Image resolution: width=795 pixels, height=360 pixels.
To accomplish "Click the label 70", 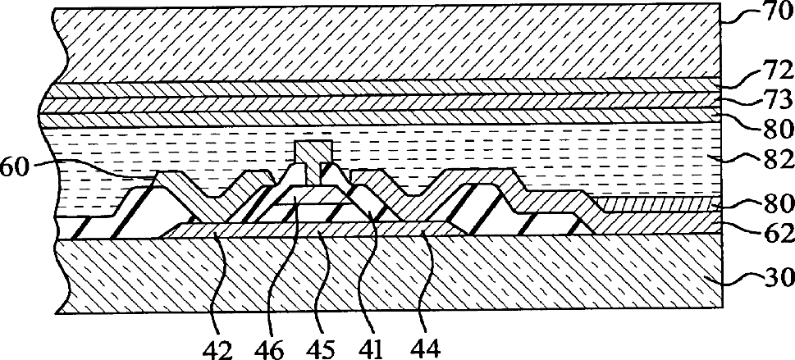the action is tap(773, 15).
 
